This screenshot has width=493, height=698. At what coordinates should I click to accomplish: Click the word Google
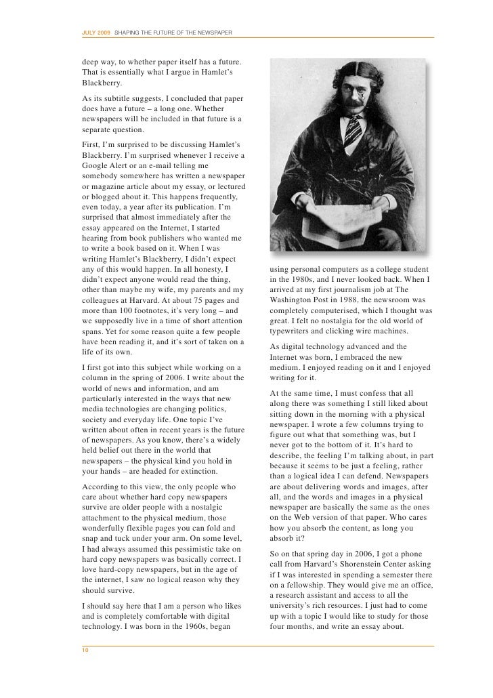[99, 165]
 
